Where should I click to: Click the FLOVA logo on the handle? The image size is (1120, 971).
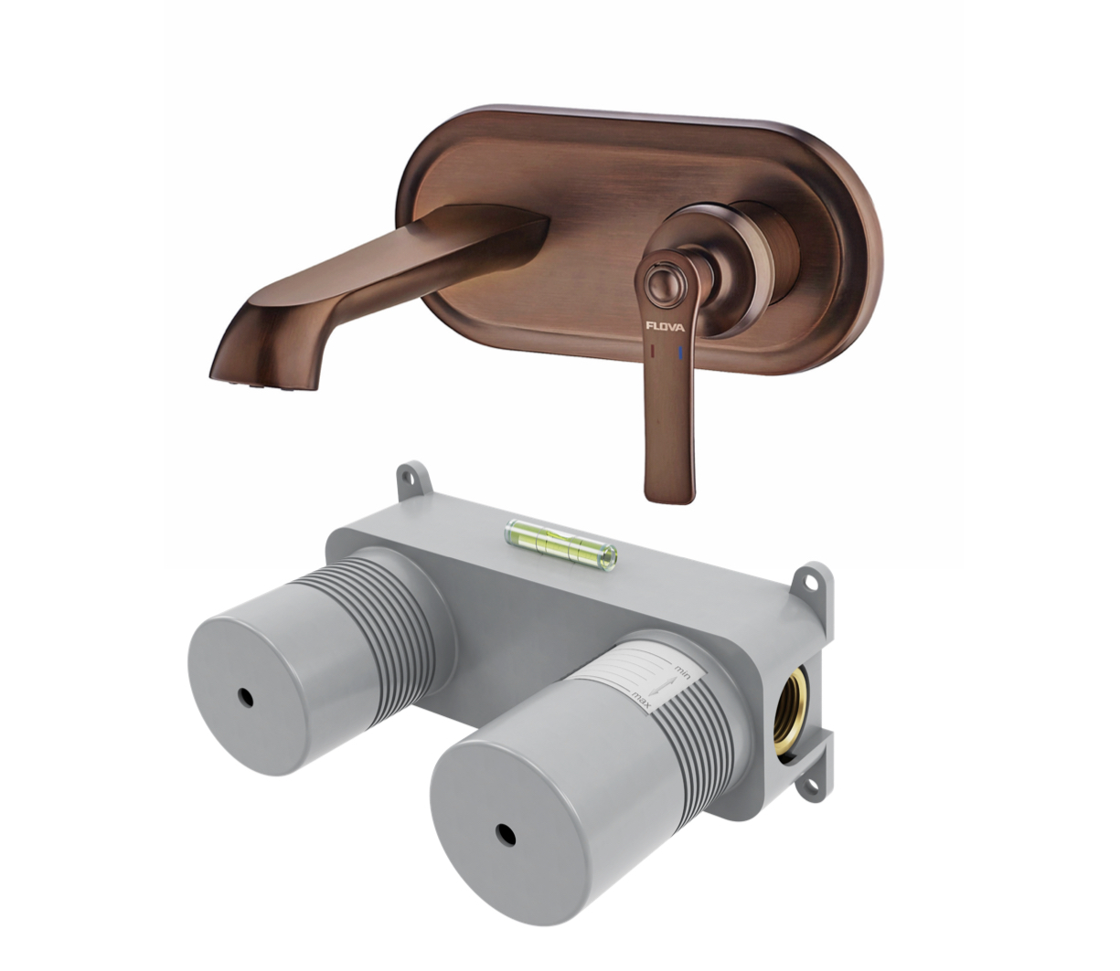coord(665,327)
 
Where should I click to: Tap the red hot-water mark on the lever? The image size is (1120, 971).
coord(651,351)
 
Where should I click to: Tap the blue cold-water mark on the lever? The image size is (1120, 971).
coord(680,353)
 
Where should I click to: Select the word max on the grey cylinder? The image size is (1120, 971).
coord(641,701)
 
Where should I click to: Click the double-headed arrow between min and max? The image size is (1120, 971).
coord(662,686)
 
